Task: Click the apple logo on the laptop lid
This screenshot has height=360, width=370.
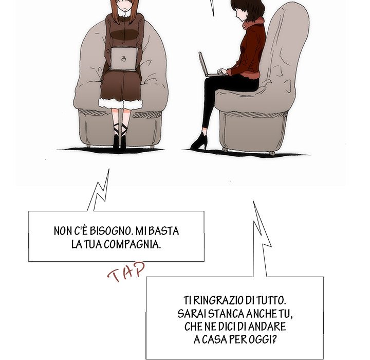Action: coord(123,59)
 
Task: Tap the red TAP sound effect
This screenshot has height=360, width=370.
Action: coord(126,272)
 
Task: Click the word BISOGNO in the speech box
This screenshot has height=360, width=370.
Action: coord(110,231)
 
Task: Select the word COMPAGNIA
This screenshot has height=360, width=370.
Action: coord(132,244)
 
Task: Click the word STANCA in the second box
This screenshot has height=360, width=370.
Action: coord(226,314)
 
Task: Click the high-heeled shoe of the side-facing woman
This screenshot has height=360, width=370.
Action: coord(199,142)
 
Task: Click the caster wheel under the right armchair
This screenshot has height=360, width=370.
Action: coord(272,153)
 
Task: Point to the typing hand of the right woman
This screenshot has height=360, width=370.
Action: coord(221,71)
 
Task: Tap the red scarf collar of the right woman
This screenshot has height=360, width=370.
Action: coord(254,23)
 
